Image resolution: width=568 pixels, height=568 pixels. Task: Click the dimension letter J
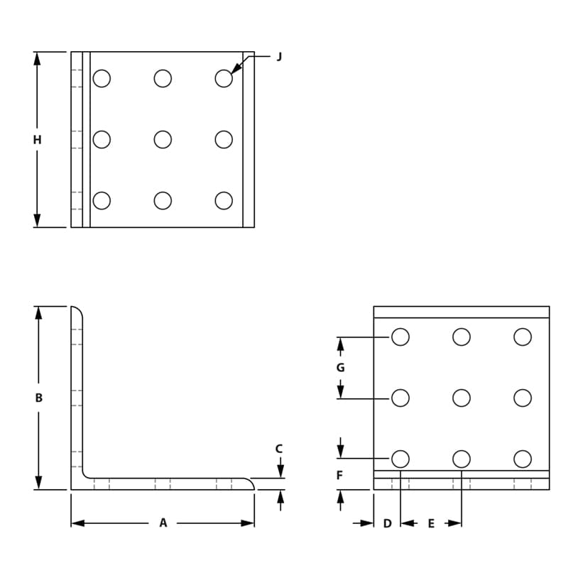pyautogui.click(x=279, y=57)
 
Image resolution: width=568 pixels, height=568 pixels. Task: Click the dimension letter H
pyautogui.click(x=37, y=140)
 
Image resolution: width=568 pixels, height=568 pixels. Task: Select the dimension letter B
pyautogui.click(x=39, y=398)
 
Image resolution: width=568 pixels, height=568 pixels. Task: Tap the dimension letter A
pyautogui.click(x=163, y=523)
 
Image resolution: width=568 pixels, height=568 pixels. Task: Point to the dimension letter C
pyautogui.click(x=279, y=449)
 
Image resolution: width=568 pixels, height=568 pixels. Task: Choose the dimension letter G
pyautogui.click(x=340, y=368)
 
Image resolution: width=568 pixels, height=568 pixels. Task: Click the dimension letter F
pyautogui.click(x=340, y=476)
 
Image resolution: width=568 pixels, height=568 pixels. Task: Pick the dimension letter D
pyautogui.click(x=387, y=524)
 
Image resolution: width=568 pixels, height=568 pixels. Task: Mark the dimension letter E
pyautogui.click(x=431, y=524)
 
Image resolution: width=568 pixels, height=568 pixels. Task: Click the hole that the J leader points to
pyautogui.click(x=224, y=78)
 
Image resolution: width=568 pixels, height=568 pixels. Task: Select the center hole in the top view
pyautogui.click(x=163, y=139)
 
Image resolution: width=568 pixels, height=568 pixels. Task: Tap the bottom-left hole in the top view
pyautogui.click(x=102, y=201)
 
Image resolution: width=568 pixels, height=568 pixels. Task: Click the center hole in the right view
pyautogui.click(x=461, y=398)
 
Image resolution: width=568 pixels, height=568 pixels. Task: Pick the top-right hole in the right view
pyautogui.click(x=523, y=337)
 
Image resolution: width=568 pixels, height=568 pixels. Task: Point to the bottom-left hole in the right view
pyautogui.click(x=400, y=459)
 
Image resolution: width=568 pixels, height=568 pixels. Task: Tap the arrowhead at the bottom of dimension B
pyautogui.click(x=39, y=483)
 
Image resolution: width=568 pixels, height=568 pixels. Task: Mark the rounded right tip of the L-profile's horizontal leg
pyautogui.click(x=251, y=483)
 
